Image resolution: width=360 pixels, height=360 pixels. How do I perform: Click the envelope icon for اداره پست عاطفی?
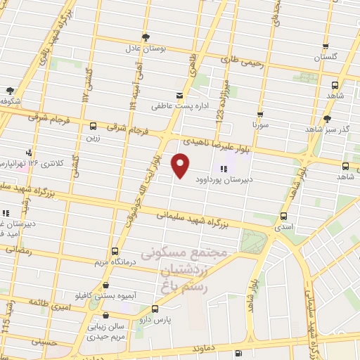[x=180, y=95]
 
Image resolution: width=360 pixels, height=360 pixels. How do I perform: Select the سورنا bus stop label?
[x=261, y=124]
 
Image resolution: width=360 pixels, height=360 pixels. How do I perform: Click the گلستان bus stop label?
[x=330, y=56]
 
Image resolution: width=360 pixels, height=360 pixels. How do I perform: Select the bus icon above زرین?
[x=94, y=127]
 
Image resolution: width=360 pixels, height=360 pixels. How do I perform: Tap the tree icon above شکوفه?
[x=10, y=90]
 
